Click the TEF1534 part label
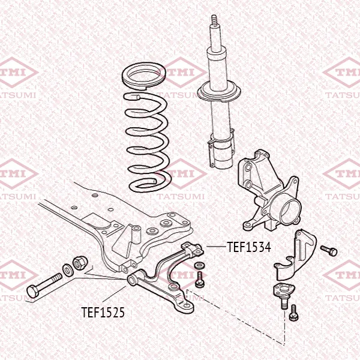tap(249, 247)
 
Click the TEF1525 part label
tap(103, 313)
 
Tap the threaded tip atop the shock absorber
tap(214, 20)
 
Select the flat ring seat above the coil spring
tap(144, 76)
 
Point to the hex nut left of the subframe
tap(80, 263)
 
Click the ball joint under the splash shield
tap(284, 295)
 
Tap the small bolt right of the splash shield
tap(329, 251)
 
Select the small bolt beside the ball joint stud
tap(294, 313)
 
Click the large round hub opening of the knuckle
tap(290, 212)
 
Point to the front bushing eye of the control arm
tap(133, 280)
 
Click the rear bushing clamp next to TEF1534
tap(193, 249)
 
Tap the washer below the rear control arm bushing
tap(199, 266)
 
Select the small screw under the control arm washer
tap(199, 280)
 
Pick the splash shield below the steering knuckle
tap(295, 255)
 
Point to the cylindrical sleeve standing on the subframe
tap(136, 234)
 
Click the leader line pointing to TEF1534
tap(216, 247)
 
